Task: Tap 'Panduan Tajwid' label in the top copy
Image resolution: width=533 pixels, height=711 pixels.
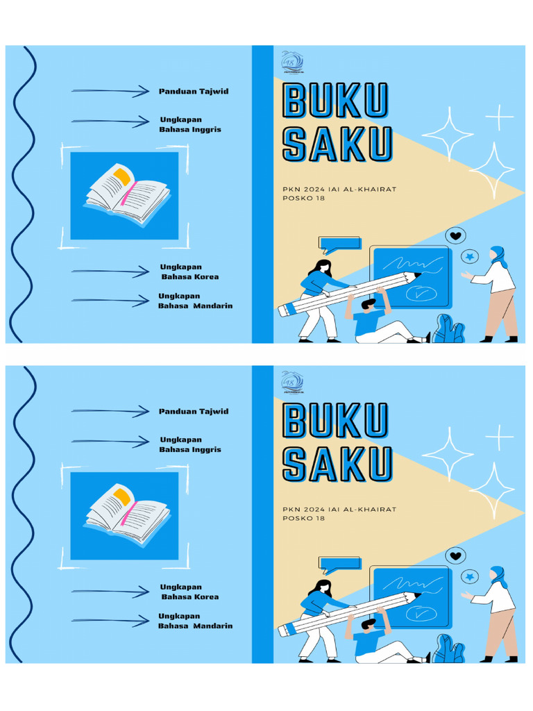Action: click(x=194, y=92)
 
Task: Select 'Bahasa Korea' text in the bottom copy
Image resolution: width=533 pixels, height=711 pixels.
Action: click(x=190, y=597)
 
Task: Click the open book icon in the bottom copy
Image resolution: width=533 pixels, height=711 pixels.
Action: click(x=125, y=515)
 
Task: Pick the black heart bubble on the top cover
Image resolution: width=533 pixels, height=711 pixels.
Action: click(x=455, y=236)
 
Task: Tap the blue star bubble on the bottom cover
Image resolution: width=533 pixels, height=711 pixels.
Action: click(x=471, y=576)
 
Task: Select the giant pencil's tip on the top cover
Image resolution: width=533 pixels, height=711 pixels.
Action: click(x=416, y=276)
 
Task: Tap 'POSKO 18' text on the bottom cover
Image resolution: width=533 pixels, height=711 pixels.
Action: click(x=303, y=519)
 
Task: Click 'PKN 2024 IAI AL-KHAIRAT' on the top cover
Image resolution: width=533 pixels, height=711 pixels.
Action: click(x=339, y=189)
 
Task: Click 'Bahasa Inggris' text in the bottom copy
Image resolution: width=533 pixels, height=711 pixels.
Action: click(x=190, y=450)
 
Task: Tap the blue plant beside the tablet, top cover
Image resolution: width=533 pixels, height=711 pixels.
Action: click(x=448, y=329)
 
